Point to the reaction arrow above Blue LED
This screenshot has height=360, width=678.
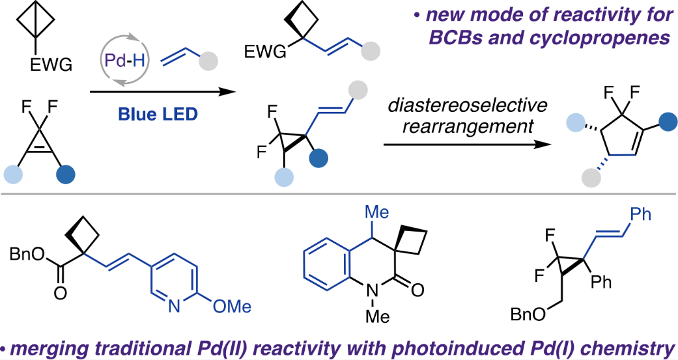point(162,92)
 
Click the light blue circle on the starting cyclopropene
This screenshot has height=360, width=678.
point(15,174)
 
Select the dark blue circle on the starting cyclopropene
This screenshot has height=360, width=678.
point(66,174)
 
